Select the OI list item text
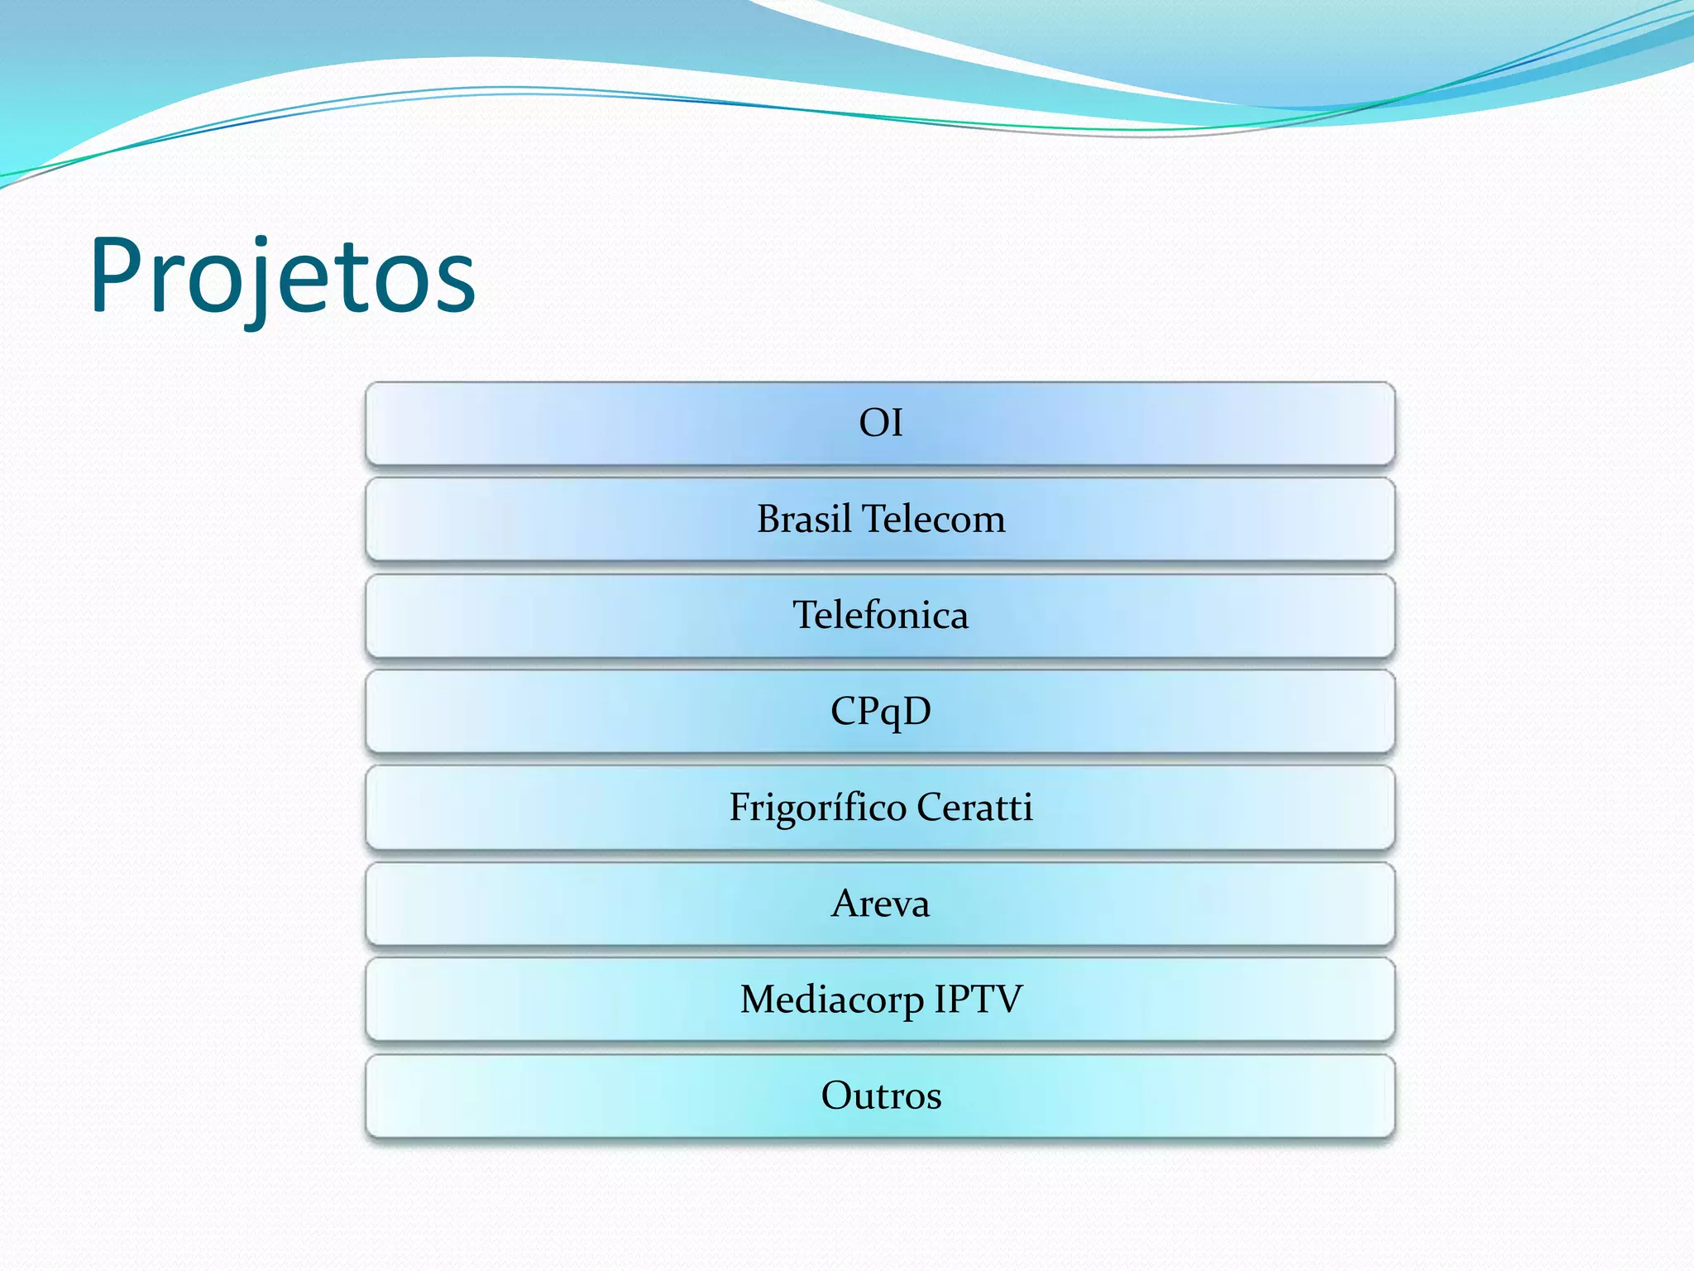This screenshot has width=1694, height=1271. pos(880,423)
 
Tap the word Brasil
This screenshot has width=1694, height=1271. pos(804,519)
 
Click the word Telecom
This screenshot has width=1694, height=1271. pos(934,519)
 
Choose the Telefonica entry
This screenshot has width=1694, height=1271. pos(880,615)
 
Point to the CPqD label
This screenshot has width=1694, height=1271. pos(880,712)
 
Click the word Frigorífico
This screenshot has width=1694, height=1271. pos(817,807)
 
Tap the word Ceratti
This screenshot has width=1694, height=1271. pos(974,807)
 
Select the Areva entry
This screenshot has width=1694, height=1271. pos(880,903)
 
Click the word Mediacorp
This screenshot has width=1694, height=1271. pos(831,999)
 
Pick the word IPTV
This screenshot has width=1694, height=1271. pos(979,999)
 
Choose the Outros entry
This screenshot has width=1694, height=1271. pos(880,1096)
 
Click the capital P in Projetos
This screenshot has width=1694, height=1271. pos(116,276)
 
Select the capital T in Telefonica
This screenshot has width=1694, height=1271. pos(806,615)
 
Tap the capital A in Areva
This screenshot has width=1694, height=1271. pos(845,903)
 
